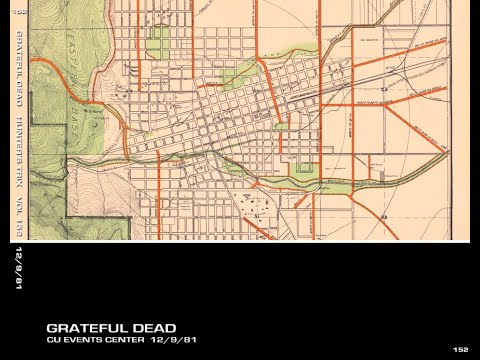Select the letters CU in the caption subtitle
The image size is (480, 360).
[53, 341]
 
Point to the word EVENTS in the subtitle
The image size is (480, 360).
[82, 341]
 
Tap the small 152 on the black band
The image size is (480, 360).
[460, 349]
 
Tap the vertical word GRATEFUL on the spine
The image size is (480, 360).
[16, 54]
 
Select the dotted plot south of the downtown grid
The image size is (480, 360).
[255, 206]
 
